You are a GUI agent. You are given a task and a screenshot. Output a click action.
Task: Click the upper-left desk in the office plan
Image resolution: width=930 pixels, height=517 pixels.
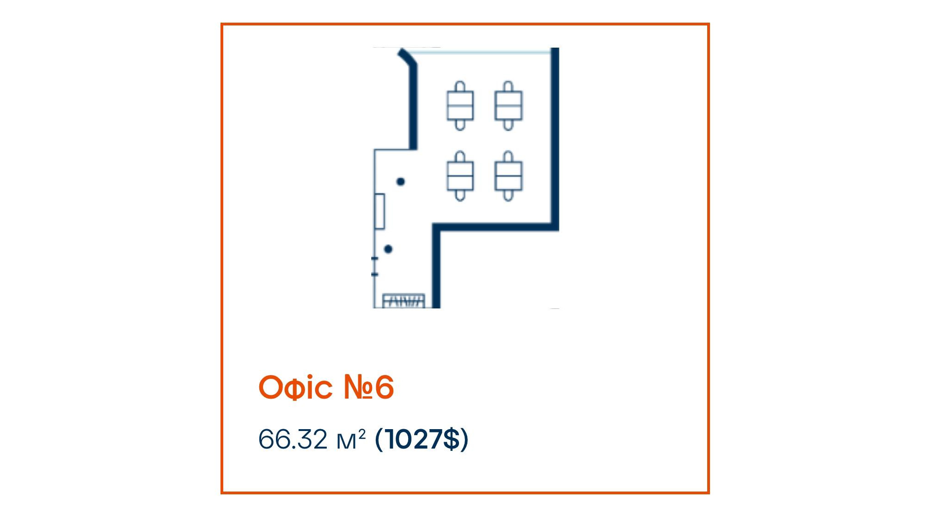(460, 106)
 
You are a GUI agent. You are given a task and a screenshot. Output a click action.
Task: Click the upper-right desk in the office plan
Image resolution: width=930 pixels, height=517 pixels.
(508, 106)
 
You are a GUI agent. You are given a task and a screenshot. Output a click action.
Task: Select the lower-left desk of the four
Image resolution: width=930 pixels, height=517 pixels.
(460, 176)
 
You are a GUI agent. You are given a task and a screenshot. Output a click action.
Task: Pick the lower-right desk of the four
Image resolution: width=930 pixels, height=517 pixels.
(508, 176)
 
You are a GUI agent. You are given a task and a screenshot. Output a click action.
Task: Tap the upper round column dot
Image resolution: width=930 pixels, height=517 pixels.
(401, 182)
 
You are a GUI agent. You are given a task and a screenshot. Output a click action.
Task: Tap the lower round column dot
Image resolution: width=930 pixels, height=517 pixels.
(388, 249)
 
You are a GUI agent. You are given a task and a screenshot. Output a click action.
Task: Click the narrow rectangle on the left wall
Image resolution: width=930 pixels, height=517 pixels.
(379, 211)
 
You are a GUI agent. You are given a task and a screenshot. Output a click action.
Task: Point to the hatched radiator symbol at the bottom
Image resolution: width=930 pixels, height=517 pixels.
(404, 301)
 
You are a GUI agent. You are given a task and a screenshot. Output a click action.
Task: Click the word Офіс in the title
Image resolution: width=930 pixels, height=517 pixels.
(295, 387)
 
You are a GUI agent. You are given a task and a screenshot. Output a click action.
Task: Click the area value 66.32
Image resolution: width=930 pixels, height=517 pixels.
(293, 439)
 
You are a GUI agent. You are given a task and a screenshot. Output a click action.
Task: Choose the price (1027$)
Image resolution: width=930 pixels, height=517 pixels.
(422, 439)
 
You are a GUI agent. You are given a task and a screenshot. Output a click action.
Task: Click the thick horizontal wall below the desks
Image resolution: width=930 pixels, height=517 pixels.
(496, 227)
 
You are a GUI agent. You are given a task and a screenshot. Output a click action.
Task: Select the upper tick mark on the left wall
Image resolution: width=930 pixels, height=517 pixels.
(375, 258)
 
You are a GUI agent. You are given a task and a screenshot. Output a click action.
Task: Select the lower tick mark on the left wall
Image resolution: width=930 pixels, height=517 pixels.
(375, 275)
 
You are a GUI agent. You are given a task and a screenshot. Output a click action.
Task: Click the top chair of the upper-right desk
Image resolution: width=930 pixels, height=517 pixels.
(508, 86)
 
